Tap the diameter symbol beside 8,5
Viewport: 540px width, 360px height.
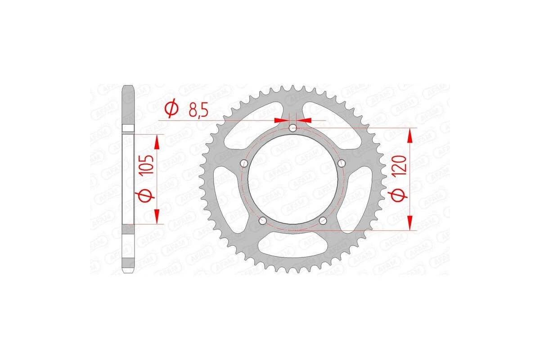(x=171, y=109)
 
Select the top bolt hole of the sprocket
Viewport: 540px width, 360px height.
(x=293, y=128)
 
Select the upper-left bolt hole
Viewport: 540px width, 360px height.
(x=244, y=163)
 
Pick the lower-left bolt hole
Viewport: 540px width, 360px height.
(x=263, y=220)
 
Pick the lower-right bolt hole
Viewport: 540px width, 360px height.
(x=323, y=220)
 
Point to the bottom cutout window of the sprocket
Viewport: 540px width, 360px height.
(x=293, y=245)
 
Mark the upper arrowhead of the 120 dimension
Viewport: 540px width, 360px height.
(x=410, y=135)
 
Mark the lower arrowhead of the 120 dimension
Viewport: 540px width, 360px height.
(x=410, y=223)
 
